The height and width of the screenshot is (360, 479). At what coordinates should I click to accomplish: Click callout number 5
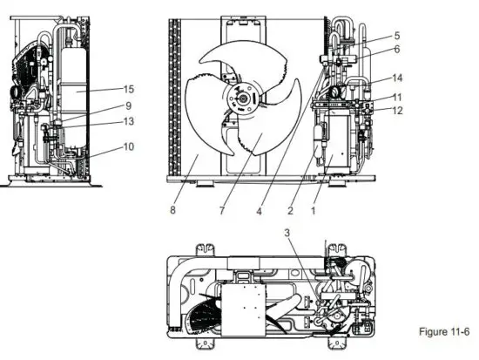[x=396, y=36]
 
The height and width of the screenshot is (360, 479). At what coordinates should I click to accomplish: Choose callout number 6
[x=396, y=50]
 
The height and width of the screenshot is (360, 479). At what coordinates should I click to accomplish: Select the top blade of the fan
[x=239, y=61]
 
